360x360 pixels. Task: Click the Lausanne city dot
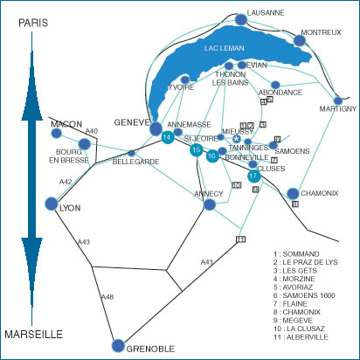241,19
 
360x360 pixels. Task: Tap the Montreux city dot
300,40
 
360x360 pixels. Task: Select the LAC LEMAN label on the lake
224,48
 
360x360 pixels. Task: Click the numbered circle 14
167,136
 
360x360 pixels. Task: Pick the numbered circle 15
197,150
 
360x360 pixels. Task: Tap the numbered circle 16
212,156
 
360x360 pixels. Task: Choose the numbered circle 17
253,176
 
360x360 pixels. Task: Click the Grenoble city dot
118,345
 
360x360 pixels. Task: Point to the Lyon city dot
52,204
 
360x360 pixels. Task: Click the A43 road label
84,242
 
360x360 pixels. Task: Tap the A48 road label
107,297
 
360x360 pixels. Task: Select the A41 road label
207,262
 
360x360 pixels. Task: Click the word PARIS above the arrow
33,23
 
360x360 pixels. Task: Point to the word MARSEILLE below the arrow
34,334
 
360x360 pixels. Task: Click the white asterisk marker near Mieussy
237,139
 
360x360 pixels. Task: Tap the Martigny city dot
338,100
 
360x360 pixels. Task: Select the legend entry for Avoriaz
293,287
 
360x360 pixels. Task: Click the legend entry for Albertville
301,337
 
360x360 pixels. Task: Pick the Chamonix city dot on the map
293,193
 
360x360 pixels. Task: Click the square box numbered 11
240,239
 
